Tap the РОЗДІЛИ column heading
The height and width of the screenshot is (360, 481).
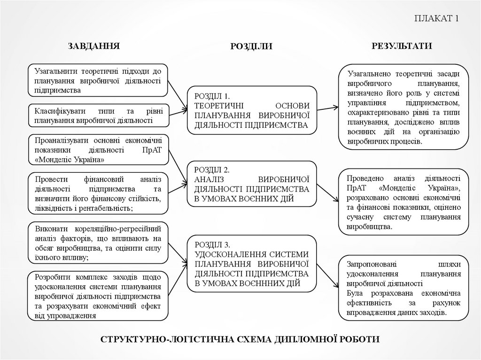click(x=251, y=46)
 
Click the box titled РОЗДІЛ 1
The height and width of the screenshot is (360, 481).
click(x=252, y=110)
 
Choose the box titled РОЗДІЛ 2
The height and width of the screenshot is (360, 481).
click(x=252, y=184)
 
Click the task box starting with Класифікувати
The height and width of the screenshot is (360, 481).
click(x=98, y=115)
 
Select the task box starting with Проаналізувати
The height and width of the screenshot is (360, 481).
click(x=98, y=150)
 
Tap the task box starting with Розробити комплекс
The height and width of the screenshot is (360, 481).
click(x=98, y=295)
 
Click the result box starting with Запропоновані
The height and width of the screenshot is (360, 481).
click(x=403, y=287)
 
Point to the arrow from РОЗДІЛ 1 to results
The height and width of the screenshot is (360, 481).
click(x=327, y=109)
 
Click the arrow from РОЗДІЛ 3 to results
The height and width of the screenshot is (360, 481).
click(x=328, y=275)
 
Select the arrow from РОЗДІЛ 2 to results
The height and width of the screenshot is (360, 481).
click(x=327, y=187)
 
